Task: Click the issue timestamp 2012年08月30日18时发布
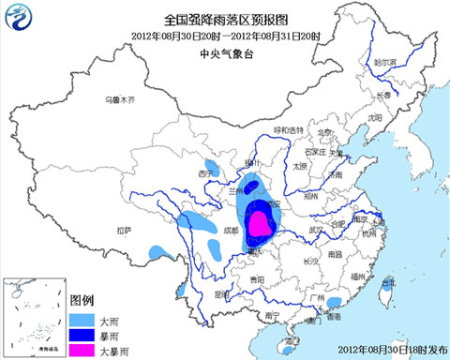pos(385,352)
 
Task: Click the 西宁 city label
pos(208,174)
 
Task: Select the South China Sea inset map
pos(34,319)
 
